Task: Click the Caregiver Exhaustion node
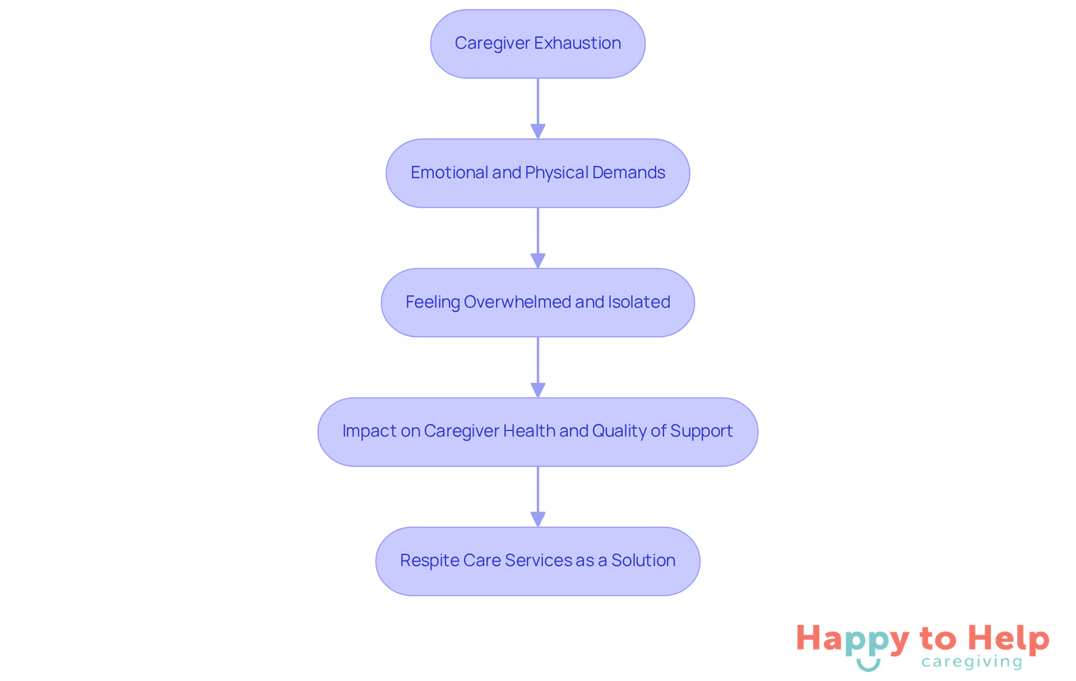[537, 44]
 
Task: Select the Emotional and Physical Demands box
[537, 173]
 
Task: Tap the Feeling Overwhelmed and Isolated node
[537, 303]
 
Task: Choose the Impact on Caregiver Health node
[537, 432]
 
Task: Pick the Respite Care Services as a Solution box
[537, 561]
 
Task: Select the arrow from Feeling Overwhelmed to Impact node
[538, 367]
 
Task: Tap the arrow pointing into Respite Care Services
[538, 496]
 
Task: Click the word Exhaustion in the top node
[577, 43]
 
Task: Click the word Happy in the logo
[852, 640]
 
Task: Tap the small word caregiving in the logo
[972, 662]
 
